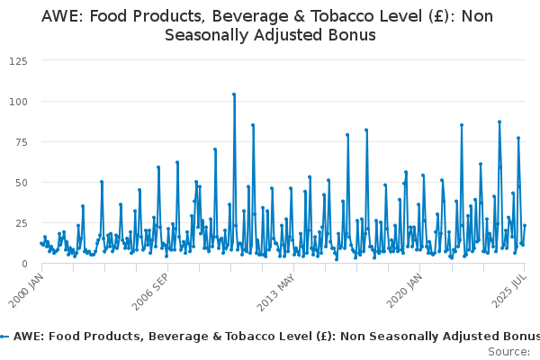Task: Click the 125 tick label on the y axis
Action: (x=16, y=60)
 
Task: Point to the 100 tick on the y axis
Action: (x=16, y=101)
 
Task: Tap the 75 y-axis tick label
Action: (x=19, y=141)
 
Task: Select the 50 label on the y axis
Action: (x=19, y=182)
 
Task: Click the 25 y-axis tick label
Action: (x=19, y=222)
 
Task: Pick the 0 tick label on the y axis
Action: (x=22, y=263)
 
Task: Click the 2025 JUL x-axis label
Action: (x=512, y=286)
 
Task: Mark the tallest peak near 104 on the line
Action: (x=234, y=94)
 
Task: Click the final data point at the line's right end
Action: (x=525, y=226)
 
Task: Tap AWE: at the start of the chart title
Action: (x=61, y=17)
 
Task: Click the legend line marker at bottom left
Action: (x=4, y=336)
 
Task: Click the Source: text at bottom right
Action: (x=508, y=351)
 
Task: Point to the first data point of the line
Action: (x=40, y=243)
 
